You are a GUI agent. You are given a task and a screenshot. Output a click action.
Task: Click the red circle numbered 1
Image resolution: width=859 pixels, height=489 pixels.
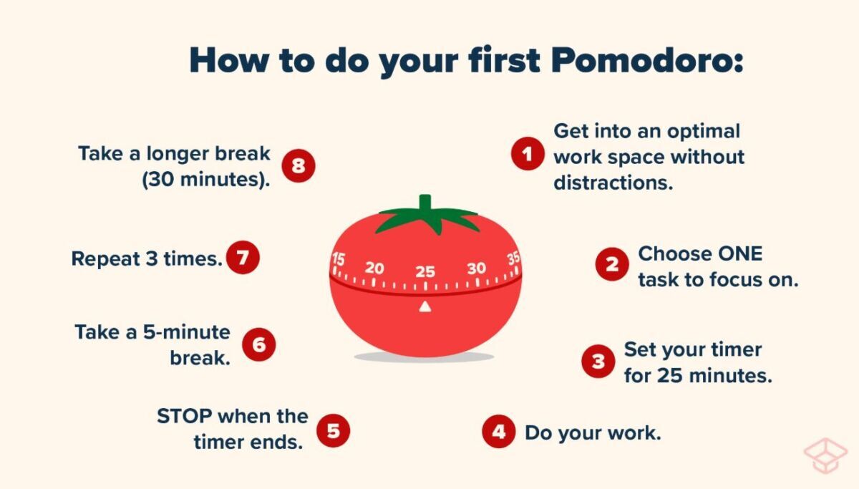[528, 154]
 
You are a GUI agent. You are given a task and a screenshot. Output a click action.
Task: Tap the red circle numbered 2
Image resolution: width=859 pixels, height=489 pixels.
[612, 264]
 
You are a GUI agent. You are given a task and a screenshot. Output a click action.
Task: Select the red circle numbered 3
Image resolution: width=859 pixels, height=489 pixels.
[598, 362]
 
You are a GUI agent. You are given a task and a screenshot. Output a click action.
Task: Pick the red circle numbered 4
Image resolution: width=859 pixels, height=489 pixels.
[498, 432]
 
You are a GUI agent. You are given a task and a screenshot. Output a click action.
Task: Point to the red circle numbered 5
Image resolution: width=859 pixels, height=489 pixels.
[333, 430]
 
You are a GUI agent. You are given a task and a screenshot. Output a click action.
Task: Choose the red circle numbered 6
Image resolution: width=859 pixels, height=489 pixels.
[258, 344]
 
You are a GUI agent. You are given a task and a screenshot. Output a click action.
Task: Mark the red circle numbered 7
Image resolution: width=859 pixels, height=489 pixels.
[243, 258]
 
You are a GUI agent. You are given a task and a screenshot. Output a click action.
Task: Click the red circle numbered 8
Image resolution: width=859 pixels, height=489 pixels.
[298, 166]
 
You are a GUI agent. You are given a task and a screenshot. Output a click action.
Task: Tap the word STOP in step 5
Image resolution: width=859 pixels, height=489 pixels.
[185, 416]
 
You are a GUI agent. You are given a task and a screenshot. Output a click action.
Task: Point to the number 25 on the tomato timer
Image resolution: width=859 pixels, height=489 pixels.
[425, 271]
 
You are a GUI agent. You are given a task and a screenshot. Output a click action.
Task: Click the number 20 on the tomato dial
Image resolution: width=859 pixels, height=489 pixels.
[374, 268]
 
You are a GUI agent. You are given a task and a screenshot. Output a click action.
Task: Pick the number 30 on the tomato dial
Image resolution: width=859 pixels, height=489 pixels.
[476, 268]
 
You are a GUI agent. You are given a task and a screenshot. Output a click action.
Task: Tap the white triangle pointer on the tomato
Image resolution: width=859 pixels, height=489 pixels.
[425, 306]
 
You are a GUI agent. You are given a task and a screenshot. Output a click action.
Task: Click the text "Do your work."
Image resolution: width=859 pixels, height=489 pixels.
[592, 432]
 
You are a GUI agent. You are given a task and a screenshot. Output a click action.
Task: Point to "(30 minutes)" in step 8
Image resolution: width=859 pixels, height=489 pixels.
[205, 180]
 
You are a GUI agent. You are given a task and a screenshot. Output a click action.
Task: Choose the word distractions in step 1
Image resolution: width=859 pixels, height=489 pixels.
[613, 182]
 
